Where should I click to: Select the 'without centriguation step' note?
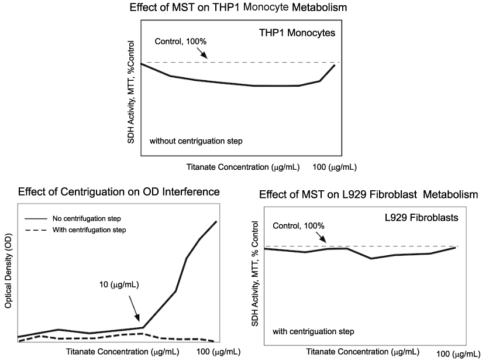(196, 142)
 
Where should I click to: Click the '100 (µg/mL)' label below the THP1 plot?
(334, 167)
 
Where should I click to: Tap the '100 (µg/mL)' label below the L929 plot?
(459, 354)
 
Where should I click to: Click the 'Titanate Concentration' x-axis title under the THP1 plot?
(244, 167)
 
